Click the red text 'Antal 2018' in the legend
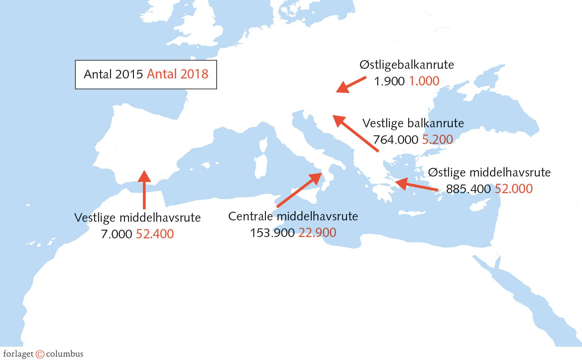click(177, 74)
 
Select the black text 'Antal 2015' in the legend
click(113, 74)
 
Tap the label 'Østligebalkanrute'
click(407, 64)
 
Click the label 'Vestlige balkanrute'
click(413, 123)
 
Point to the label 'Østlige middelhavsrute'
click(489, 173)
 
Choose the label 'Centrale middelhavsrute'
click(293, 216)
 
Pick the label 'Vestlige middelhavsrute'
click(137, 218)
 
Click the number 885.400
click(468, 189)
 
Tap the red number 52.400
click(155, 234)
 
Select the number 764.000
click(395, 140)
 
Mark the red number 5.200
click(437, 140)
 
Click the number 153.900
click(272, 233)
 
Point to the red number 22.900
click(317, 233)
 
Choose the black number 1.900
click(389, 81)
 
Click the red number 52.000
click(514, 189)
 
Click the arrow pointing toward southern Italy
click(299, 190)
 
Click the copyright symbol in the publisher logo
click(40, 354)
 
